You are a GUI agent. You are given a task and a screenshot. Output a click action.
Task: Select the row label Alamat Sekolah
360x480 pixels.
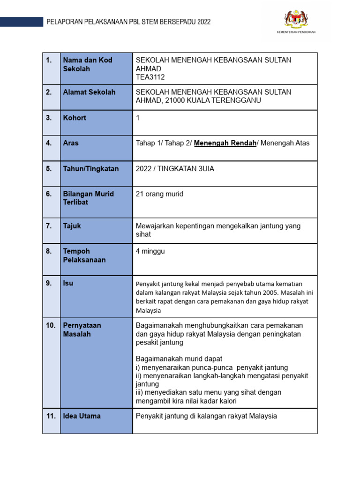[x=89, y=92]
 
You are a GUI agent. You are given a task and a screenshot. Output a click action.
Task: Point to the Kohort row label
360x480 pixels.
[x=75, y=118]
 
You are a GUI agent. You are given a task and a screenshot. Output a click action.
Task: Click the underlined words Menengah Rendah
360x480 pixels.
[x=225, y=143]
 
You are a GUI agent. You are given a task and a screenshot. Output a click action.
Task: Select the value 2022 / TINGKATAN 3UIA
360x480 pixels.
[x=175, y=169]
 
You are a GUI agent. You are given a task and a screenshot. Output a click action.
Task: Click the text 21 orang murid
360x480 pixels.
[x=159, y=194]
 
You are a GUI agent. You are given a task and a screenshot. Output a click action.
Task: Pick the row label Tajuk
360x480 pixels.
[x=72, y=226]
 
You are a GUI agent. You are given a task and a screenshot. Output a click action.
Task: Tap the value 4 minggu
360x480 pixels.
[x=150, y=251]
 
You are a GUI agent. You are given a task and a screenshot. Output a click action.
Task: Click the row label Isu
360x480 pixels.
[x=68, y=283]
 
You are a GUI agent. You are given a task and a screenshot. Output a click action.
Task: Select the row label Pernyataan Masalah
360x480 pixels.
[x=82, y=330]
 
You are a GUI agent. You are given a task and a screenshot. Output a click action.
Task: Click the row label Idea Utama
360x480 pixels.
[x=82, y=416]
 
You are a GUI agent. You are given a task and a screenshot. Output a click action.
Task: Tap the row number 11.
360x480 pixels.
[x=51, y=416]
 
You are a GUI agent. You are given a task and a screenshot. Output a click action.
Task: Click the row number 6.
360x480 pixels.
[x=49, y=194]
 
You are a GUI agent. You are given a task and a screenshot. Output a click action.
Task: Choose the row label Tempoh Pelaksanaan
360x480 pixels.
[x=84, y=255]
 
